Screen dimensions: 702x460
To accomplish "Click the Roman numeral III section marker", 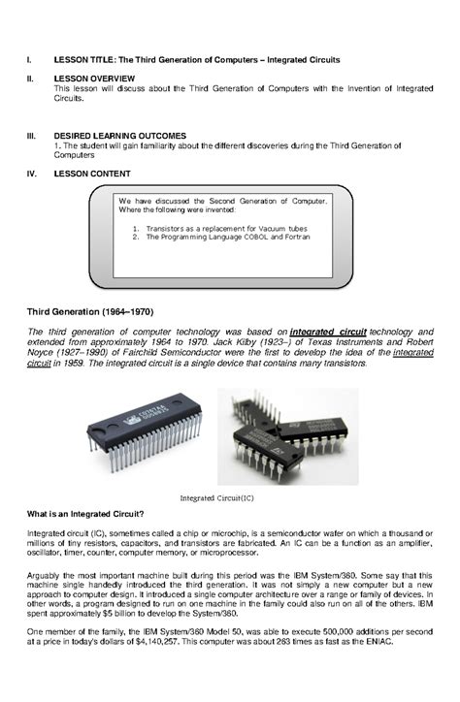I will pyautogui.click(x=30, y=136).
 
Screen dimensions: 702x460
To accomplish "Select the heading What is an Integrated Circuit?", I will pyautogui.click(x=85, y=513).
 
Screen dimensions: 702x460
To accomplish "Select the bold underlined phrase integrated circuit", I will pyautogui.click(x=328, y=332).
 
